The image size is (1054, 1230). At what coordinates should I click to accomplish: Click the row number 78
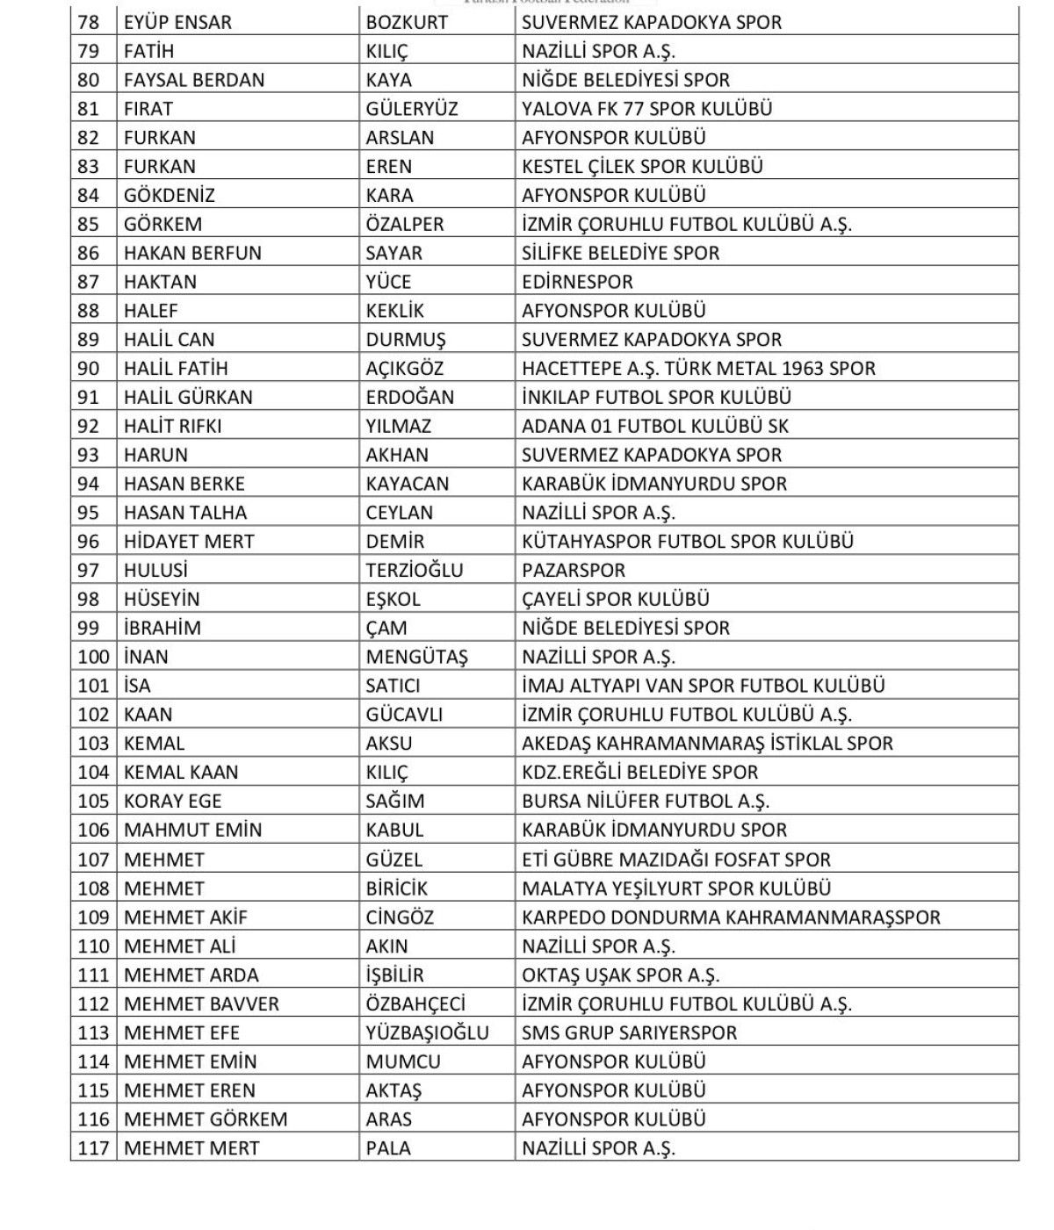coord(89,22)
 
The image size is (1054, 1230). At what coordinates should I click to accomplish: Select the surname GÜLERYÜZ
coord(411,109)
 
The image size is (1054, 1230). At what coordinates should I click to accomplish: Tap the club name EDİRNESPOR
coord(576,282)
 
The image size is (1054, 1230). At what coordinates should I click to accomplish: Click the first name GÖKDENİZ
coord(169,195)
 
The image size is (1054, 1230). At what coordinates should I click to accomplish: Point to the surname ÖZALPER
coord(405,224)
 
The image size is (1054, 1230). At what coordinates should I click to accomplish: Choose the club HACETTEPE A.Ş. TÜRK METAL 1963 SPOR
coord(698,369)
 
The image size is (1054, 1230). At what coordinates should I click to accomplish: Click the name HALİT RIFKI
coord(172,427)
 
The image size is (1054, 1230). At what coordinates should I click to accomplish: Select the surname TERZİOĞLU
coord(414,571)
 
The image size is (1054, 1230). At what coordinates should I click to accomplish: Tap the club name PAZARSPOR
coord(573,571)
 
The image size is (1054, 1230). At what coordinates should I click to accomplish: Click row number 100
coord(93,657)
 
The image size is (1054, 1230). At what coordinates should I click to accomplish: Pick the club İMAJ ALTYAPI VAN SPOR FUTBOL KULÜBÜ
coord(703,686)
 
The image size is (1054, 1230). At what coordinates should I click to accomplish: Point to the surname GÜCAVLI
coord(404,715)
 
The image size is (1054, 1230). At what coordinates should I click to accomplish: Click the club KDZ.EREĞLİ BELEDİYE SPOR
coord(639,773)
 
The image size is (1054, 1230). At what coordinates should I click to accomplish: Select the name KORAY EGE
coord(172,802)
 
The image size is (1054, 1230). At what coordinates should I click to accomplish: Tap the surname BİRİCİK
coord(396,888)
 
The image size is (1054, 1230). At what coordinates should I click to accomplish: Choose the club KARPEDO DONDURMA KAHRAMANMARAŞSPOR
coord(731,917)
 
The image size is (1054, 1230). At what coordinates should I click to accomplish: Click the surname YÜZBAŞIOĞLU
coord(427,1033)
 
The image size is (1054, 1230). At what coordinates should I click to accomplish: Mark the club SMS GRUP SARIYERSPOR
coord(629,1033)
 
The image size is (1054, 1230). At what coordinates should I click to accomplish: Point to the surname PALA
coord(388,1148)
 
